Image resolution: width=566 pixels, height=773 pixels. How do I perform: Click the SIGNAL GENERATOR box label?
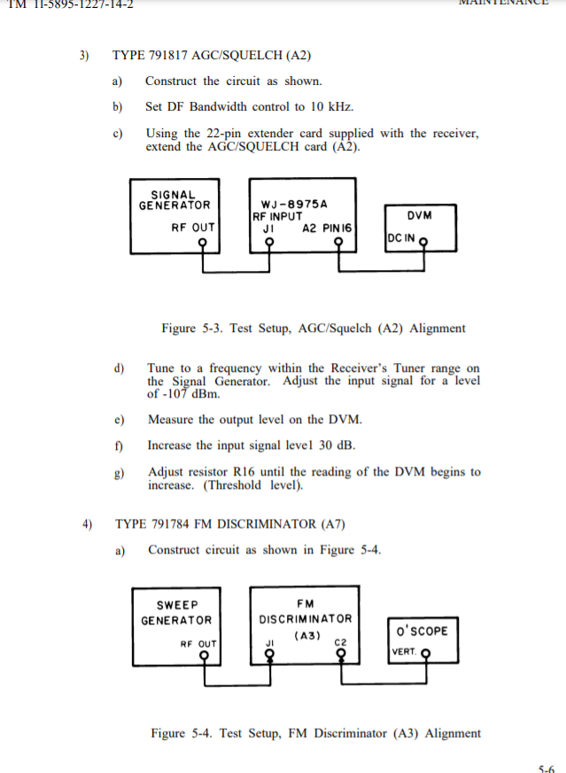click(x=174, y=200)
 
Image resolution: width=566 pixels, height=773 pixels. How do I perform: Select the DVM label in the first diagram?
click(x=419, y=215)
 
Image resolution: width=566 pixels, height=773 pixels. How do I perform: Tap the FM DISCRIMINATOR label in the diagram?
click(x=305, y=612)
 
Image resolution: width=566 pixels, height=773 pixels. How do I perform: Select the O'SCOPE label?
click(x=423, y=631)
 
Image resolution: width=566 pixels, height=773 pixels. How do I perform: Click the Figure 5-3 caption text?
click(x=313, y=329)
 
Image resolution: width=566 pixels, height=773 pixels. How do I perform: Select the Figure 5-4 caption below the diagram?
click(x=315, y=733)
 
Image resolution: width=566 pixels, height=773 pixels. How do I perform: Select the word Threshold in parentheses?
click(x=234, y=485)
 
